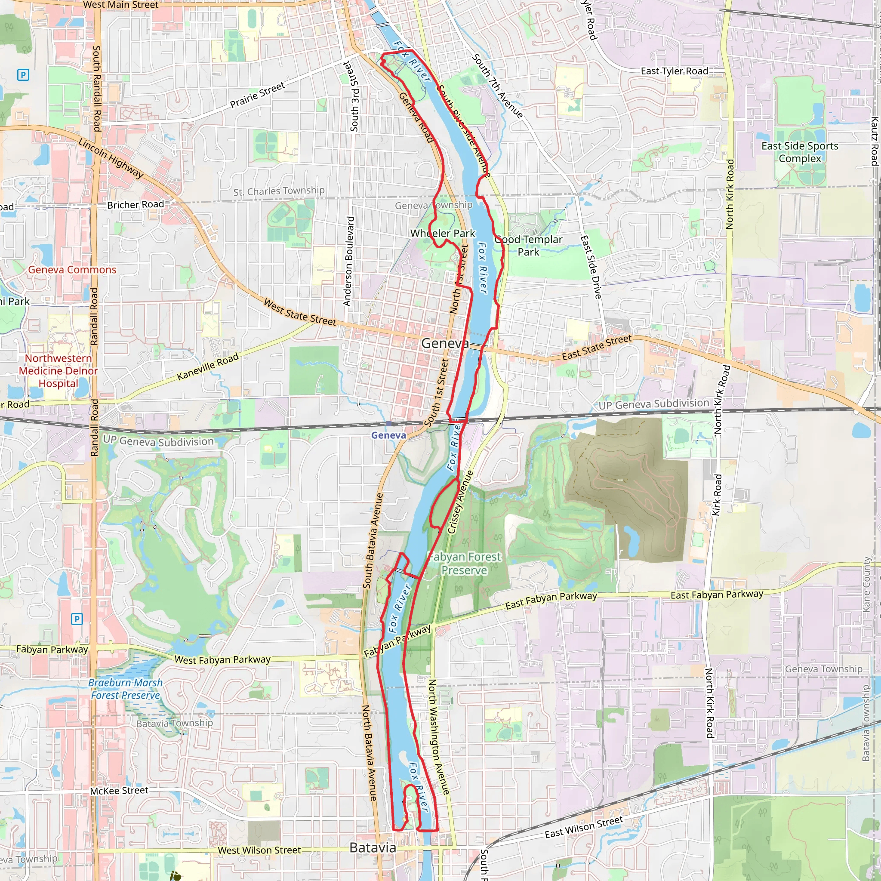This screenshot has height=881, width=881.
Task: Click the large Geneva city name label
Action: coord(445,343)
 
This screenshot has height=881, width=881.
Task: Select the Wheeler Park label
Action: coord(442,234)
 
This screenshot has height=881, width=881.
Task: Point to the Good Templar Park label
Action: coord(529,246)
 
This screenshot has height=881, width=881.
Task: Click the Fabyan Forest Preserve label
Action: coord(464,564)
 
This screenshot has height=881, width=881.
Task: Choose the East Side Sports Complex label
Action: coord(800,152)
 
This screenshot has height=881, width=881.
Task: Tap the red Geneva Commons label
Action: coord(72,270)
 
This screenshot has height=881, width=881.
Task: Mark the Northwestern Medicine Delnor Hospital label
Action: coord(59,371)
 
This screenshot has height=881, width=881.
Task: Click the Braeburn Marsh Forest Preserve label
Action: coord(126,689)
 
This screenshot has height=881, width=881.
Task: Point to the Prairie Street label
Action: coord(257,95)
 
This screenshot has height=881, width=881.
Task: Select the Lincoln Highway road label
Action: coord(111,158)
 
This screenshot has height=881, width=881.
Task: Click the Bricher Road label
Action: coord(136,205)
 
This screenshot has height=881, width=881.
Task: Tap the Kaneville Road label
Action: coord(208,367)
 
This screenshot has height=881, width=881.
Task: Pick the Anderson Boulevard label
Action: coord(348,261)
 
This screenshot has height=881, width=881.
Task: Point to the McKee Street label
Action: coord(119,791)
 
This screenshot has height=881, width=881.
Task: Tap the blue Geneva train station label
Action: coord(388,435)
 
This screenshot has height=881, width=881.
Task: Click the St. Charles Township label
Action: coord(279,191)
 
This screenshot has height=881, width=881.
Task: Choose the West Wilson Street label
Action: coord(259,850)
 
